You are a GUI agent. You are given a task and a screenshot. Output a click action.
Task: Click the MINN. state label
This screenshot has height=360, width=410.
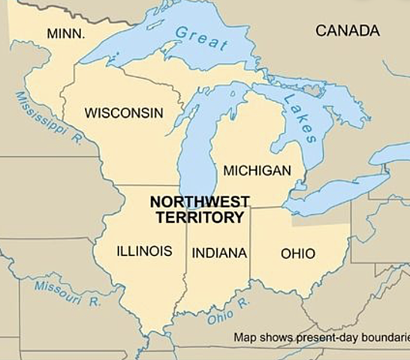pos(65,34)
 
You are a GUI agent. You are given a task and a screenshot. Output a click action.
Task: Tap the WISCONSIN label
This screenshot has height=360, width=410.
pos(124,113)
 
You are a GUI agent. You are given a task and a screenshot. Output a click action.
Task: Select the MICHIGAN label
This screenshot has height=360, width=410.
pos(257,171)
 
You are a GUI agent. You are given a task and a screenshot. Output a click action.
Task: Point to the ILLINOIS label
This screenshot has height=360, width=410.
pos(144,251)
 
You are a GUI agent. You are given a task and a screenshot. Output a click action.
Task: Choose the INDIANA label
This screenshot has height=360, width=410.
pos(219,253)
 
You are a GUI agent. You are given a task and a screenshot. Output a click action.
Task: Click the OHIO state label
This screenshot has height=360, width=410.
pos(298,253)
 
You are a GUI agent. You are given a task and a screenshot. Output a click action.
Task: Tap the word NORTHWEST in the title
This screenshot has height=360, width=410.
pos(199,202)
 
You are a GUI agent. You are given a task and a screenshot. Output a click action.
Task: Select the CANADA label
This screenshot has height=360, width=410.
pos(348,31)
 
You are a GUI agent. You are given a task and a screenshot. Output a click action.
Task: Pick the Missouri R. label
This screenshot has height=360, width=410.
pos(67,292)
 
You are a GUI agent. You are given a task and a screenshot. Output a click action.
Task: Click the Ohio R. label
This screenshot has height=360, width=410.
pos(228,311)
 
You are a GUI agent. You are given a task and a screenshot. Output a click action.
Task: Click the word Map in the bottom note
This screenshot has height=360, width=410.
pos(245,337)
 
